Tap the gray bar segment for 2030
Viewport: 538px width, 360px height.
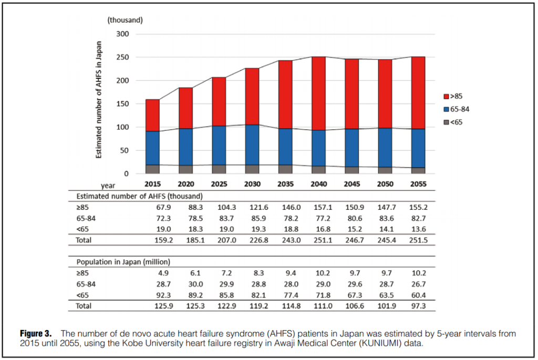(252, 169)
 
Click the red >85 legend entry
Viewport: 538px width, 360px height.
(453, 97)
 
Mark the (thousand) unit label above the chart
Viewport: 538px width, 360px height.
(125, 20)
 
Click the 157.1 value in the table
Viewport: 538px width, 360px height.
(318, 207)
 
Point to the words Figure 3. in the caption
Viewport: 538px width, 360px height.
(36, 334)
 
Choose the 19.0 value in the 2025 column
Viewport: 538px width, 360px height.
(219, 229)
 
